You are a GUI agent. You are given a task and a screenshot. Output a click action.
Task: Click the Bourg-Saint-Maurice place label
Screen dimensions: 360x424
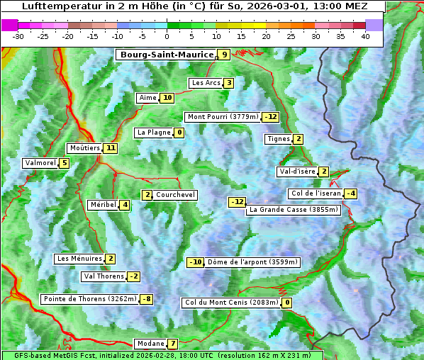pos(167,55)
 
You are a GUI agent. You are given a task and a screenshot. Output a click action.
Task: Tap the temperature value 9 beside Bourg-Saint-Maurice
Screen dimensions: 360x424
pos(224,55)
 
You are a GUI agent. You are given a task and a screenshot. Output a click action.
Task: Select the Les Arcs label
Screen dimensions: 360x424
pos(206,83)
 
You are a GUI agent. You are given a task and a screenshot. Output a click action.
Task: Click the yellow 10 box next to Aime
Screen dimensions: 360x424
pos(167,98)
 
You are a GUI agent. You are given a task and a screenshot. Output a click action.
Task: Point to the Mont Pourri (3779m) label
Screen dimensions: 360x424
pos(222,117)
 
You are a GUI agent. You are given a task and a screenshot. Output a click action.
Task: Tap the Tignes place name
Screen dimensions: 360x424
pos(278,139)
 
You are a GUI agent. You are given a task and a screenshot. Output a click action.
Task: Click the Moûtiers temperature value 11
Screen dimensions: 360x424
pos(110,148)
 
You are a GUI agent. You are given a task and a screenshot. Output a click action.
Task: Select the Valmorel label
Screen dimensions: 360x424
pos(40,163)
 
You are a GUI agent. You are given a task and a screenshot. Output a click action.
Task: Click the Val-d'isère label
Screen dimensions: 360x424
pos(297,171)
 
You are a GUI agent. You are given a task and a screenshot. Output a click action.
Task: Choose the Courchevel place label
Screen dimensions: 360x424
pos(175,195)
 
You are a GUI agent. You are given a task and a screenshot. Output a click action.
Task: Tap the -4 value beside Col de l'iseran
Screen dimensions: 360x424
pos(350,193)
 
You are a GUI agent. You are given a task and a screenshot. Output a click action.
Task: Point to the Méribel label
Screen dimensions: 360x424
pos(103,205)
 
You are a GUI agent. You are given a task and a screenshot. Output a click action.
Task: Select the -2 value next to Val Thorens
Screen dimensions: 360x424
pos(133,276)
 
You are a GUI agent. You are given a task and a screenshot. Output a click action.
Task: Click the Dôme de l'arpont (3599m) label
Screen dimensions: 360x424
pos(253,262)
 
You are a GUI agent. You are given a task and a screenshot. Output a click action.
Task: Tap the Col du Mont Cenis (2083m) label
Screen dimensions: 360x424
pos(231,303)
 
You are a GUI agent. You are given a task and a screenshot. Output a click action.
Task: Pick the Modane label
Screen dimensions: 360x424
pos(150,344)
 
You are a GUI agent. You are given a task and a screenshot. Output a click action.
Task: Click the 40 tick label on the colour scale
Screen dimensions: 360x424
pos(365,36)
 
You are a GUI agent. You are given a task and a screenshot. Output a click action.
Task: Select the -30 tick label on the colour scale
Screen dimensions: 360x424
pos(18,36)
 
